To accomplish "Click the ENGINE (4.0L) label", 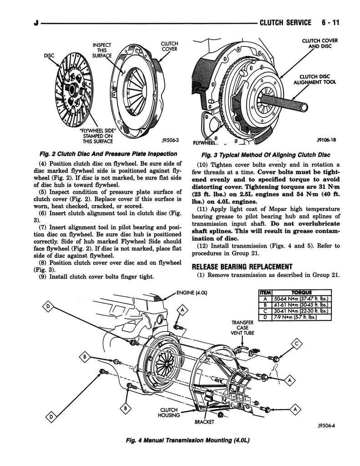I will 192,292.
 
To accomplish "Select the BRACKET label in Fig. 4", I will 204,422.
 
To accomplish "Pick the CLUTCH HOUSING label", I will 168,412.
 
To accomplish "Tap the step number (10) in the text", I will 203,165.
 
